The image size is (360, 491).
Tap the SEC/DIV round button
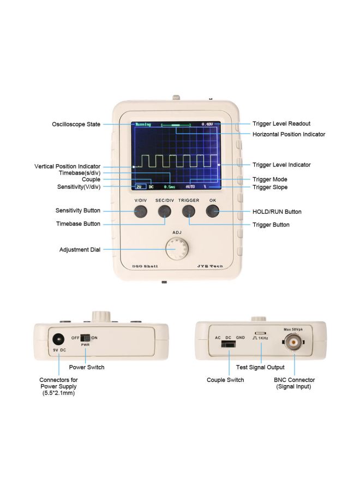[x=164, y=212]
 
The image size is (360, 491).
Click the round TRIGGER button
[x=188, y=212]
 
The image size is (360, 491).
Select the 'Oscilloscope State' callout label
[x=75, y=124]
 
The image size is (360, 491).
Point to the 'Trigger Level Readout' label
[x=281, y=124]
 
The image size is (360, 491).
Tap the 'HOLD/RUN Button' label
[x=277, y=212]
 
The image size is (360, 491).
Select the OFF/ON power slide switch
[x=85, y=338]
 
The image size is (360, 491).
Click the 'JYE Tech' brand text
[x=209, y=266]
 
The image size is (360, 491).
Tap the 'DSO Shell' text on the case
[x=145, y=266]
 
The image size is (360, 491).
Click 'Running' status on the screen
[x=143, y=124]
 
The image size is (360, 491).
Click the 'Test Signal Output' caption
[x=260, y=368]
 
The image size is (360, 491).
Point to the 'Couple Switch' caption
[x=225, y=380]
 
